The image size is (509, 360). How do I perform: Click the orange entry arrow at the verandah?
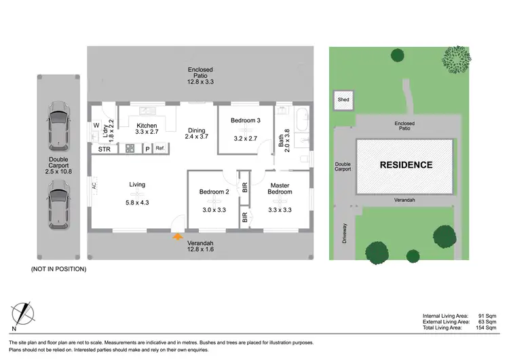[x=178, y=236]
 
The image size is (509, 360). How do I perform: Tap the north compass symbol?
[x=24, y=313]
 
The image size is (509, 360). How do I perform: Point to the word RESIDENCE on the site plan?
[x=406, y=165]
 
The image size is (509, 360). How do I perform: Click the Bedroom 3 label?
[x=245, y=120]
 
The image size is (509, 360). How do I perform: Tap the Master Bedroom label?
[x=281, y=189]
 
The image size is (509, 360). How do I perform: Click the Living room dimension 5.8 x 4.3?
[x=137, y=202]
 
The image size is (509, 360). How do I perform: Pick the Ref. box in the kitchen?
[x=161, y=148]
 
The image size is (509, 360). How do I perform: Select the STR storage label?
[x=105, y=149]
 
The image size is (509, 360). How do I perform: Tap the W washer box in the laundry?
[x=97, y=126]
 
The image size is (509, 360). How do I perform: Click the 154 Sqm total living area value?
[x=485, y=327]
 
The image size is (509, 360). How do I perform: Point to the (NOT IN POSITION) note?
[x=59, y=269]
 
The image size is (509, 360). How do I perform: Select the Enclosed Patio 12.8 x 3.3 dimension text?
[x=200, y=82]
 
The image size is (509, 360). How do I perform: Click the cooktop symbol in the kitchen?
[x=130, y=149]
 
